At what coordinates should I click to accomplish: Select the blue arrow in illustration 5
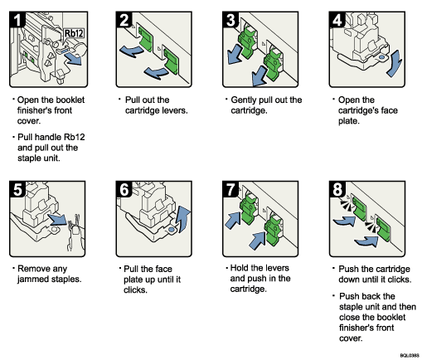point(60,221)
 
